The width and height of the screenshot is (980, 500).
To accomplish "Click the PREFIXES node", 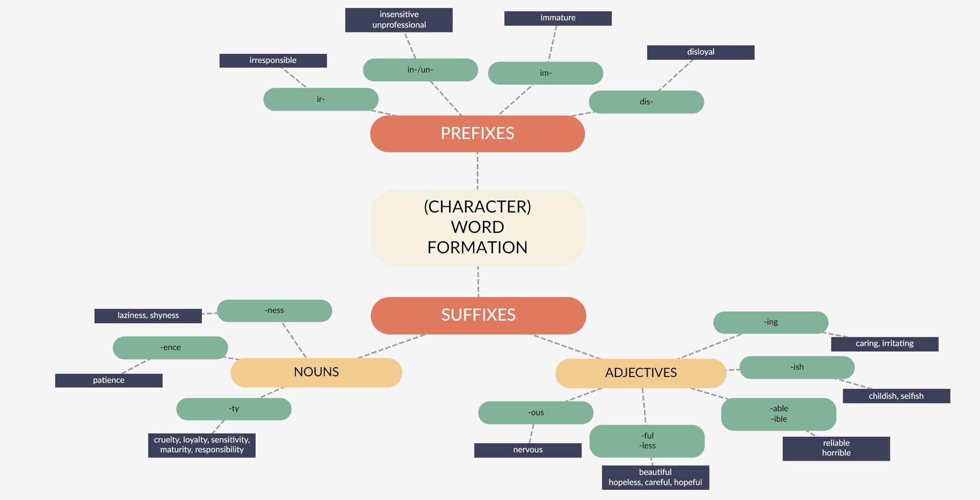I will pyautogui.click(x=477, y=133).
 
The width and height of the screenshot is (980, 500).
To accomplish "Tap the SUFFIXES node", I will pyautogui.click(x=478, y=315).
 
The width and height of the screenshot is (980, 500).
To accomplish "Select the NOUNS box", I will pyautogui.click(x=316, y=372).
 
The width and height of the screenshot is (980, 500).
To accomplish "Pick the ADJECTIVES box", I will pyautogui.click(x=641, y=373).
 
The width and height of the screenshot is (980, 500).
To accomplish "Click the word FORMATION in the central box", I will pyautogui.click(x=477, y=248).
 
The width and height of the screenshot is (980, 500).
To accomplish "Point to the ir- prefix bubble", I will pyautogui.click(x=321, y=99).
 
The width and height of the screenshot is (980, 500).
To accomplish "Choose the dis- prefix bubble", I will pyautogui.click(x=646, y=102).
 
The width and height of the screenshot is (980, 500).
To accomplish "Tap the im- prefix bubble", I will pyautogui.click(x=545, y=73).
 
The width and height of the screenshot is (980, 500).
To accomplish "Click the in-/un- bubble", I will pyautogui.click(x=420, y=70).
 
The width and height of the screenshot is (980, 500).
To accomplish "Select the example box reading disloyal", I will pyautogui.click(x=700, y=52).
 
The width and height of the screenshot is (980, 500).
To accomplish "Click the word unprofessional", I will pyautogui.click(x=399, y=25).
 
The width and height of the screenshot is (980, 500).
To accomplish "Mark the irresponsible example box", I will pyautogui.click(x=273, y=60).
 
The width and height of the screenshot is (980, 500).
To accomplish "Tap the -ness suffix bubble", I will pyautogui.click(x=274, y=311).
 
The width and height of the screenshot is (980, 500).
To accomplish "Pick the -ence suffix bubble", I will pyautogui.click(x=170, y=348).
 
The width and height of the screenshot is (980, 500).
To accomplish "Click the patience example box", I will pyautogui.click(x=109, y=380).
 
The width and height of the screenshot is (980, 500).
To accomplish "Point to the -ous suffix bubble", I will pyautogui.click(x=535, y=413).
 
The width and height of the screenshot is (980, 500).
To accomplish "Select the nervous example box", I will pyautogui.click(x=527, y=450).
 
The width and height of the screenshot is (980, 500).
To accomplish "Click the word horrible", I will pyautogui.click(x=836, y=453).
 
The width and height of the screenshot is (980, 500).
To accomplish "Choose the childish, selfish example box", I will pyautogui.click(x=896, y=396).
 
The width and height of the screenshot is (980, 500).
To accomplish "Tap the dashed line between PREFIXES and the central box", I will pyautogui.click(x=477, y=171).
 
